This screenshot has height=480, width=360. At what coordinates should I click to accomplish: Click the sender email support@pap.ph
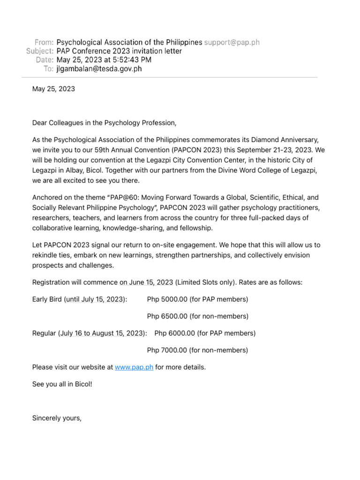click(232, 42)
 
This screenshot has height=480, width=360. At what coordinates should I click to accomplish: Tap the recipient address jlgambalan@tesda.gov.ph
click(99, 69)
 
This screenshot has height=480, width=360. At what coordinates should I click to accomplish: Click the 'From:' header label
click(44, 42)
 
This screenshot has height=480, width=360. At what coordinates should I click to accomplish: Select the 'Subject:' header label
click(40, 51)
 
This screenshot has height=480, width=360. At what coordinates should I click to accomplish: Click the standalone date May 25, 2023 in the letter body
click(53, 89)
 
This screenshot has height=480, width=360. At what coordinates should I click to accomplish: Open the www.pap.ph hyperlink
click(134, 367)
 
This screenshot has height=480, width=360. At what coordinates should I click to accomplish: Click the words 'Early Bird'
click(46, 299)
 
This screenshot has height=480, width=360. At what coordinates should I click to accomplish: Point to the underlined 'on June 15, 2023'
click(146, 282)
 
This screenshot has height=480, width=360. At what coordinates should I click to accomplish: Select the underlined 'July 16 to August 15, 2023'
click(101, 333)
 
